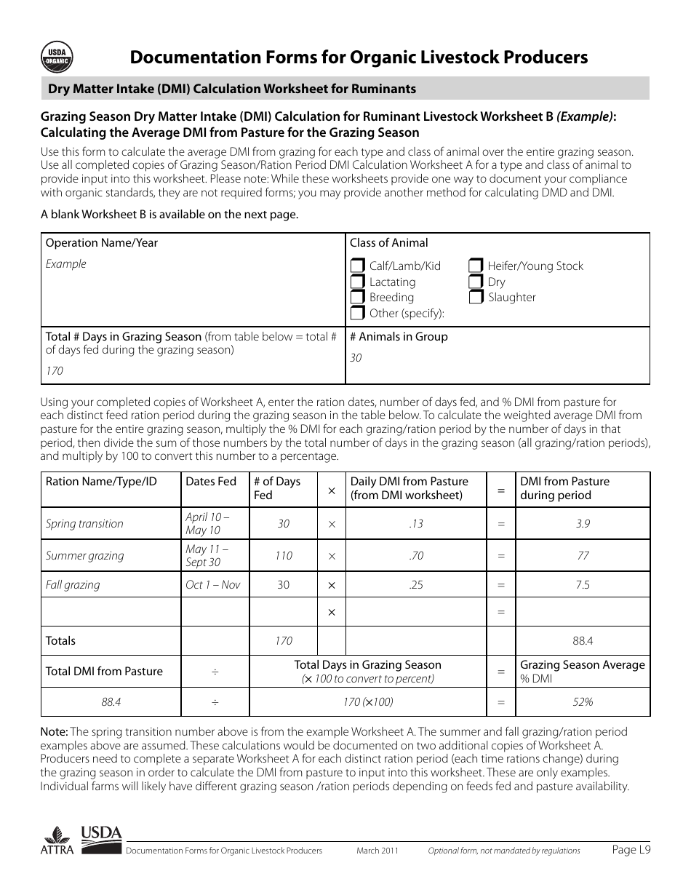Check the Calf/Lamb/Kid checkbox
(x=357, y=266)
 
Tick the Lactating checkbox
(x=357, y=282)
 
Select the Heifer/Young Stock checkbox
(x=476, y=266)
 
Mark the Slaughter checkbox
(x=476, y=298)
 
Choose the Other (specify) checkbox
(x=357, y=314)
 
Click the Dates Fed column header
(x=211, y=482)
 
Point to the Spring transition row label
(x=84, y=524)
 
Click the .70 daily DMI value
(x=415, y=556)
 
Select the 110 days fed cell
(x=284, y=556)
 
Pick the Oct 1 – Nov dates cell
(x=212, y=585)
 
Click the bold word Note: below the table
(x=54, y=732)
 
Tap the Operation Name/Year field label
(x=101, y=243)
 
